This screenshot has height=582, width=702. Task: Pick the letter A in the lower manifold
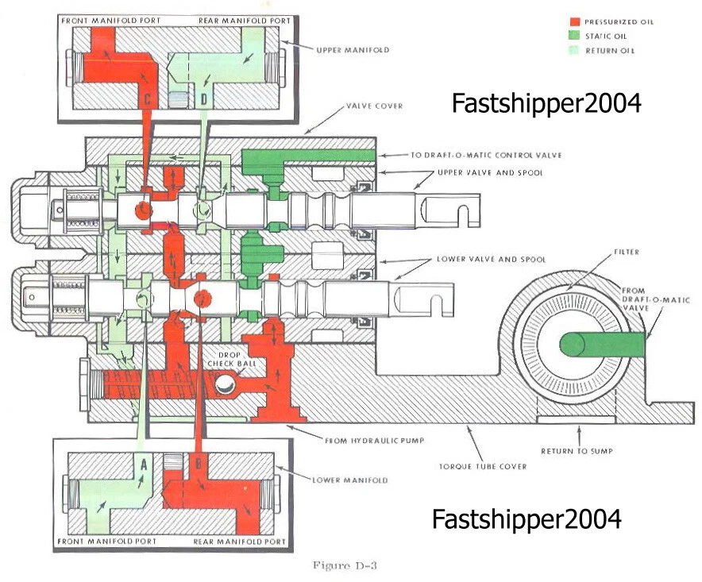[144, 465]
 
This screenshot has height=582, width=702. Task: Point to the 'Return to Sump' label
[579, 450]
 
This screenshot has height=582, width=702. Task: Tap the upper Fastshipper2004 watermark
[546, 102]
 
